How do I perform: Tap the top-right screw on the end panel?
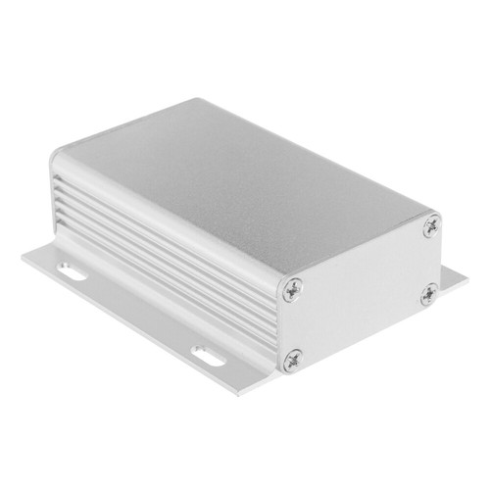431,226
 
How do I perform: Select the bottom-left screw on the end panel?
293,361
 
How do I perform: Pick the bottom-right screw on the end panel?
428,293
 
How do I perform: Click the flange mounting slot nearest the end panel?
207,354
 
